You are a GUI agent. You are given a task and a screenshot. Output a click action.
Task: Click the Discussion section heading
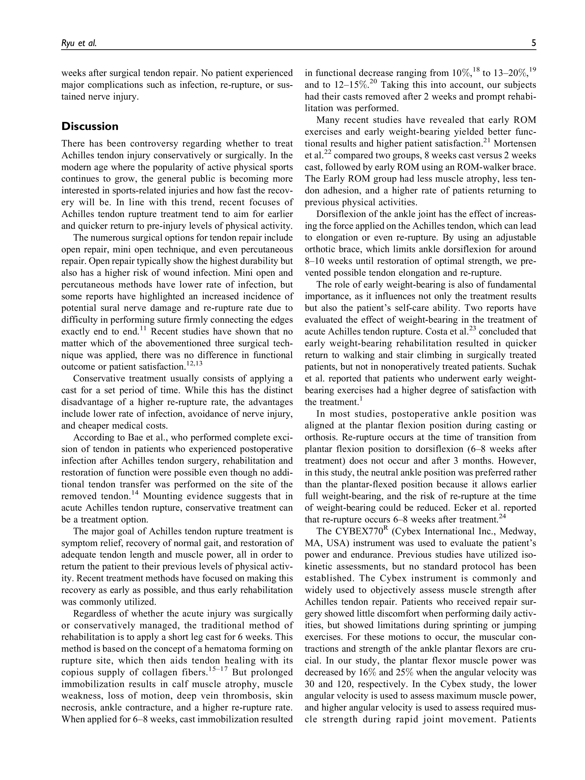click(90, 126)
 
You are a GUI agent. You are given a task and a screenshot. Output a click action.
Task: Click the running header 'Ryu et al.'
click(79, 43)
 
